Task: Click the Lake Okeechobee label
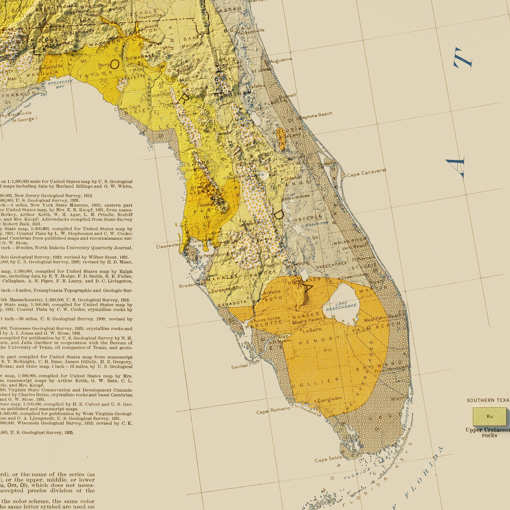pyautogui.click(x=341, y=306)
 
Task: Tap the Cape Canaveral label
pyautogui.click(x=366, y=173)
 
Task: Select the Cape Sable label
pyautogui.click(x=328, y=459)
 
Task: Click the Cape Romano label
pyautogui.click(x=273, y=410)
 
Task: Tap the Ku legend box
pyautogui.click(x=490, y=416)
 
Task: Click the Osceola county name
pyautogui.click(x=308, y=217)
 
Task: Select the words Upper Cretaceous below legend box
pyautogui.click(x=487, y=430)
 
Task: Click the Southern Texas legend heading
pyautogui.click(x=488, y=400)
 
